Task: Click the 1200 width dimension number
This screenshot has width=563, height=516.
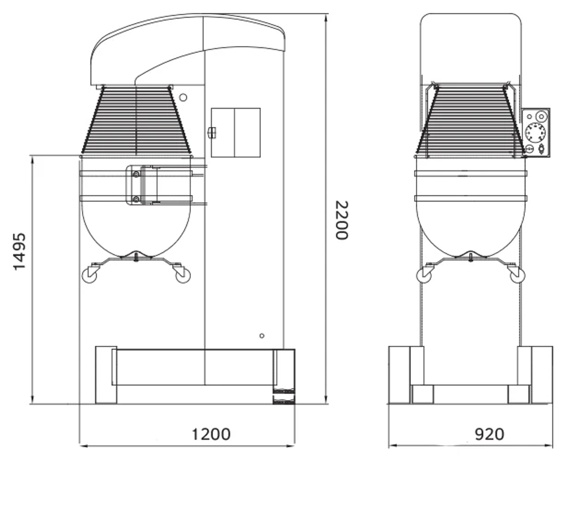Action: pyautogui.click(x=211, y=434)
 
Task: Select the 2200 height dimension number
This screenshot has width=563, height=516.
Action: pyautogui.click(x=341, y=220)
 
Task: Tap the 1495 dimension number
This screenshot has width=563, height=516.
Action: pyautogui.click(x=20, y=251)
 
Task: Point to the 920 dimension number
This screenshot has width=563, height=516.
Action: pyautogui.click(x=489, y=434)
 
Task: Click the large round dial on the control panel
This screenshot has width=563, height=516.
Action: pyautogui.click(x=535, y=133)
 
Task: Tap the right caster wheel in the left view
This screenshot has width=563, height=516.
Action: pyautogui.click(x=182, y=275)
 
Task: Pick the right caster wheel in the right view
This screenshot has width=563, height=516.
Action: pyautogui.click(x=516, y=275)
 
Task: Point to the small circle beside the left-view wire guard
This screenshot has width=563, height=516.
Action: pyautogui.click(x=183, y=98)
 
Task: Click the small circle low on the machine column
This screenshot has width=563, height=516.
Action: pyautogui.click(x=262, y=336)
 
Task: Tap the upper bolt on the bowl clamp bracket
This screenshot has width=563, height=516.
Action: pyautogui.click(x=135, y=174)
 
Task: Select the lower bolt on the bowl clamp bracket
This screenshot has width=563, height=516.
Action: pyautogui.click(x=135, y=199)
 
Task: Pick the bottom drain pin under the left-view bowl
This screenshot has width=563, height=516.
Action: pyautogui.click(x=137, y=258)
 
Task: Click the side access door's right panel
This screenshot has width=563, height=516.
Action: pyautogui.click(x=247, y=133)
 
